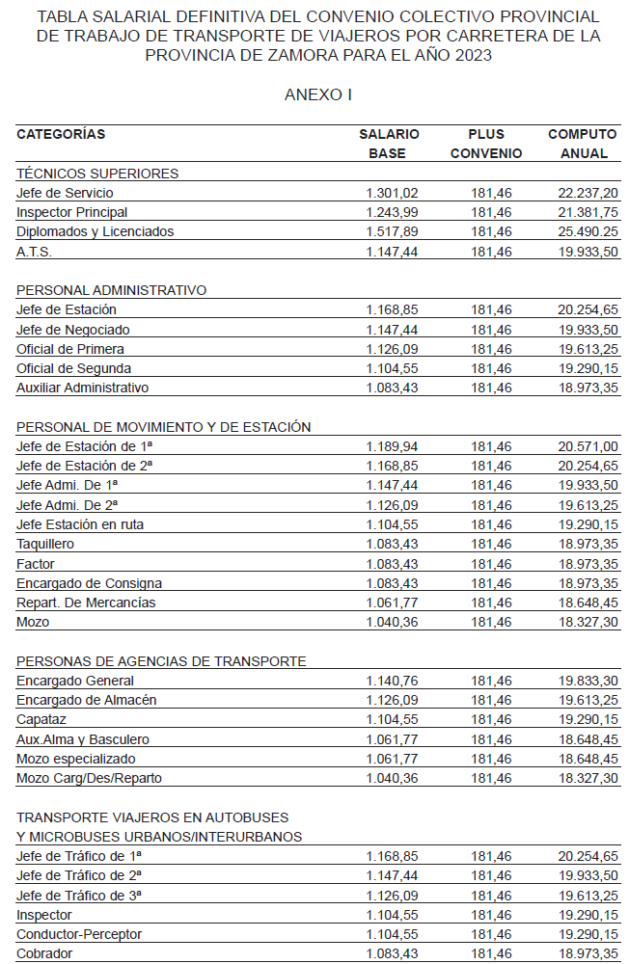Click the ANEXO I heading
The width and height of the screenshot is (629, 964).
[318, 94]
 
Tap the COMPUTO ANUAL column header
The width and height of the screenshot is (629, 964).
[582, 144]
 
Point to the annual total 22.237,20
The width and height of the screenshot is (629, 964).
[588, 193]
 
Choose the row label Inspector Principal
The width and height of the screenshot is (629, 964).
[71, 212]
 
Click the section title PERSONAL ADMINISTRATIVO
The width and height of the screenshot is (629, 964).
[111, 290]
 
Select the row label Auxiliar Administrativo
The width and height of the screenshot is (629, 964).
[82, 388]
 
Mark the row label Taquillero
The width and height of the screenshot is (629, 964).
[45, 544]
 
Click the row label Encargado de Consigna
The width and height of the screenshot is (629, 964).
[89, 583]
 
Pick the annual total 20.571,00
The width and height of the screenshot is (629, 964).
[588, 446]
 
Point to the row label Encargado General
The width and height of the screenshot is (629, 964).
[75, 681]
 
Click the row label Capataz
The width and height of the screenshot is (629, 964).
[41, 719]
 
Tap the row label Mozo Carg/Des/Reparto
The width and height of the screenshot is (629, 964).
[89, 778]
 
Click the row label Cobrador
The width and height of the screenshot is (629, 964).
[44, 953]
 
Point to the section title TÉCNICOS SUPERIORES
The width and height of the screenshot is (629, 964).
[97, 174]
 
